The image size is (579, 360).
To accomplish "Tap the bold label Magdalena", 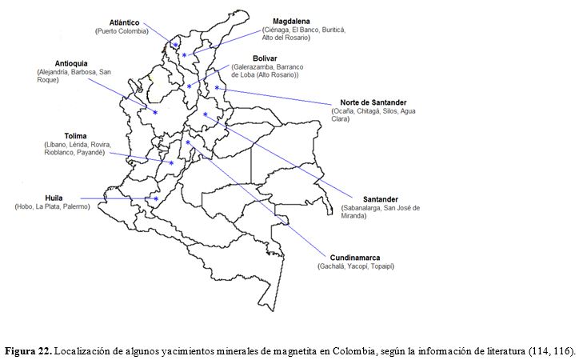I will pos(291,21).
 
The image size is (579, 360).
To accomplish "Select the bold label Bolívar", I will pos(265,58).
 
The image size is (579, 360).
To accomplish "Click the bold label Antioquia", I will pos(71,63).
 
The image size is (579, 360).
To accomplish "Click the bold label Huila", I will pos(54,198).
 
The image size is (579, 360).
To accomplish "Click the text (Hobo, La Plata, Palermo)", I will pos(52,206).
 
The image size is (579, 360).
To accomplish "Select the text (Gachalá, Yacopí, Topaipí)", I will pos(356,266).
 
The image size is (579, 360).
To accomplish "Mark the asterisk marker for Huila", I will pos(156,198).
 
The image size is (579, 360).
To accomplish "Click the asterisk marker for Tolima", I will pos(171,163).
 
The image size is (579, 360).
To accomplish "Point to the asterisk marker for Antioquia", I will pos(155,113).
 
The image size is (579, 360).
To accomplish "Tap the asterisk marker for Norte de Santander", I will pos(217,88).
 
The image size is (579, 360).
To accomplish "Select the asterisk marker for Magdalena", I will pos(184,54).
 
